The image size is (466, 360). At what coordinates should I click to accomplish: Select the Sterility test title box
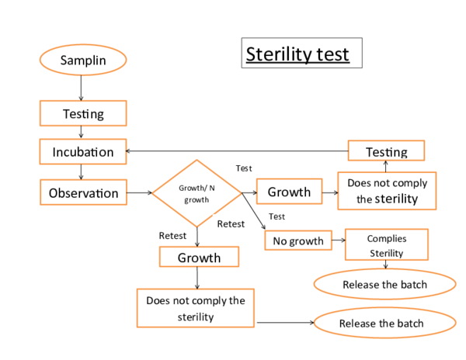pos(301,54)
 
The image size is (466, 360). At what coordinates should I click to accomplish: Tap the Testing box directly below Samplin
pos(82,114)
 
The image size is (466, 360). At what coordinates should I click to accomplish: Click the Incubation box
pos(82,151)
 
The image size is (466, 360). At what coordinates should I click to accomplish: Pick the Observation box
pos(83,192)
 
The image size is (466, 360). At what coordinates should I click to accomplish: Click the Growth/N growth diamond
pos(197,193)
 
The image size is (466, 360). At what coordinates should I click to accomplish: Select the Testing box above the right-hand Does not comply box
pos(386,151)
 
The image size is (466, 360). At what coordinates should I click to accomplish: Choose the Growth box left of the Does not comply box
pos(289,192)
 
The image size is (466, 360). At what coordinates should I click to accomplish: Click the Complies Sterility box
pos(386,245)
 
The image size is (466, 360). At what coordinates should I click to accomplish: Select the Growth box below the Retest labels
pos(199,258)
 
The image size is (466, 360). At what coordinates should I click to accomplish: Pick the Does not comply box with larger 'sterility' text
pos(387,191)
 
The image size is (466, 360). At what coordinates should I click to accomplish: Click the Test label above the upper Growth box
pos(243,168)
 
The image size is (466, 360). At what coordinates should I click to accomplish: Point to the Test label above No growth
pos(276,216)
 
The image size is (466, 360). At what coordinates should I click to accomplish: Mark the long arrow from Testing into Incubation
pos(233,151)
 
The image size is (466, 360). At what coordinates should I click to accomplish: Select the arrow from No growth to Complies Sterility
pos(339,241)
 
